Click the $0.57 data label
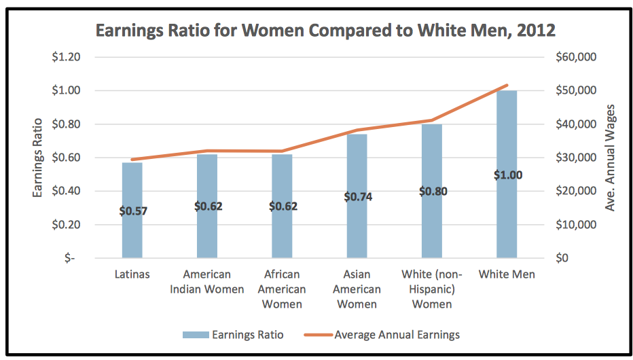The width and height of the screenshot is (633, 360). [133, 211]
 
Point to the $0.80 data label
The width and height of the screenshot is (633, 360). [432, 192]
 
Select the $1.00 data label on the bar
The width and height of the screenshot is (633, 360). [507, 175]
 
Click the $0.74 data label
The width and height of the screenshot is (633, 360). [357, 197]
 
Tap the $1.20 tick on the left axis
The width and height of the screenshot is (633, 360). [67, 57]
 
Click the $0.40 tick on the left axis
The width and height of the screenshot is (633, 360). [67, 191]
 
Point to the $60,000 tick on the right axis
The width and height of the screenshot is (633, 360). [576, 57]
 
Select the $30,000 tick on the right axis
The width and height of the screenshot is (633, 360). [576, 158]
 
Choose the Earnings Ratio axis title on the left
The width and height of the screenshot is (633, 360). [37, 158]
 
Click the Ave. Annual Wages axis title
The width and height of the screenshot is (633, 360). [610, 158]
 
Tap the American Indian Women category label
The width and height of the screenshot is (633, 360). [207, 282]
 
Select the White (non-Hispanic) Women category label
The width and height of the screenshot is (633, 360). [432, 289]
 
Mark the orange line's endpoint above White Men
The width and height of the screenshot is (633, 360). [507, 86]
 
